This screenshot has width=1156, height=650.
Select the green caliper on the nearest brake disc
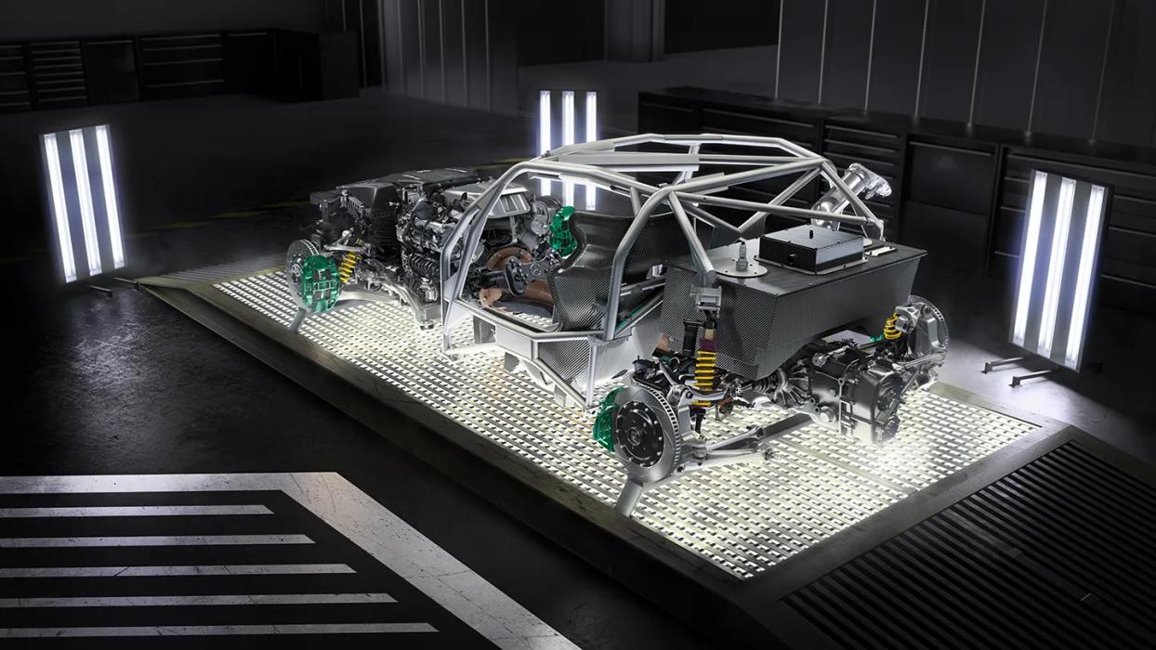click(607, 419)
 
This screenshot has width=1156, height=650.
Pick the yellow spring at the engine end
click(348, 266)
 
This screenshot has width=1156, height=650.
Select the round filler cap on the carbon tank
click(742, 269)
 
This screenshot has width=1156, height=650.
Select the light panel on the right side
click(1058, 269)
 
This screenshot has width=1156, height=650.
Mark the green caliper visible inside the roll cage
click(562, 232)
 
